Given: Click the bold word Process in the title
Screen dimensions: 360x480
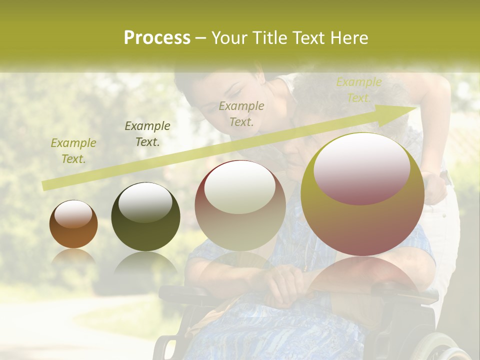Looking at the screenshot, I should pyautogui.click(x=157, y=38).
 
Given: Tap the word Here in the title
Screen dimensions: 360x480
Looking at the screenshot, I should pyautogui.click(x=348, y=38).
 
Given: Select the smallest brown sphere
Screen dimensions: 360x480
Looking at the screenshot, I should pyautogui.click(x=73, y=224).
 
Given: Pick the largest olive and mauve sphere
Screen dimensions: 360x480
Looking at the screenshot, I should pyautogui.click(x=362, y=195).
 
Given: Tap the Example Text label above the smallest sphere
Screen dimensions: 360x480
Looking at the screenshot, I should pyautogui.click(x=73, y=151).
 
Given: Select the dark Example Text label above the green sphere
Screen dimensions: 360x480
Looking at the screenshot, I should pyautogui.click(x=147, y=134).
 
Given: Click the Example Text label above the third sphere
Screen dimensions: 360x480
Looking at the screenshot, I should pyautogui.click(x=241, y=114).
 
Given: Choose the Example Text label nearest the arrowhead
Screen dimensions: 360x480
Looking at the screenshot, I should pyautogui.click(x=359, y=90).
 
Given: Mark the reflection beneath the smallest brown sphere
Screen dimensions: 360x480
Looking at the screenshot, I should pyautogui.click(x=73, y=258).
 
